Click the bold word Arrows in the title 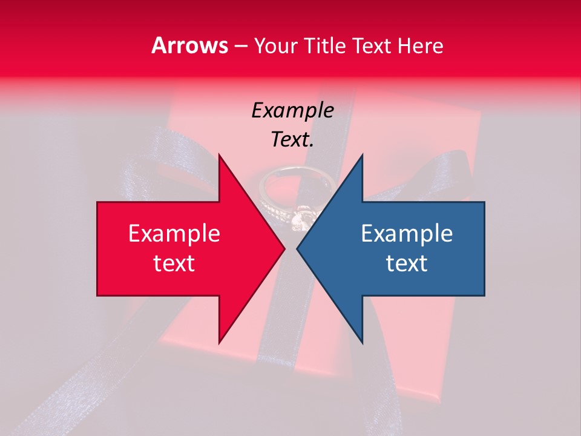[190, 46]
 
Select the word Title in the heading [327, 46]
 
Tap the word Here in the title [419, 46]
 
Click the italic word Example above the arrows [292, 111]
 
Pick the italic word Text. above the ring [292, 140]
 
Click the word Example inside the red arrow [174, 234]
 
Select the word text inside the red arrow [174, 263]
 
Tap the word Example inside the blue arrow [407, 234]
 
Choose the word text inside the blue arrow [407, 263]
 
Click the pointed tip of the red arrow [284, 249]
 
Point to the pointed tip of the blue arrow [298, 249]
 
